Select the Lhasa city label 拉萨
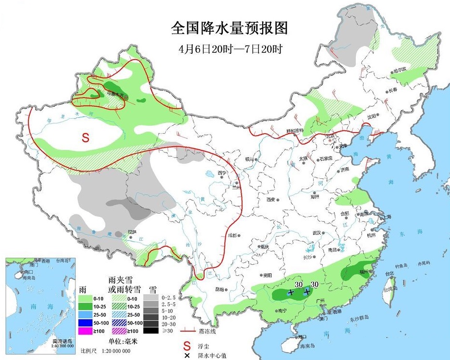[x=132, y=232]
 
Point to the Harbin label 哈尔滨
[x=399, y=69]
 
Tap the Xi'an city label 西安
[x=269, y=199]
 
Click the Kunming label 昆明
[x=220, y=289]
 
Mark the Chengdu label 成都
[x=233, y=235]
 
